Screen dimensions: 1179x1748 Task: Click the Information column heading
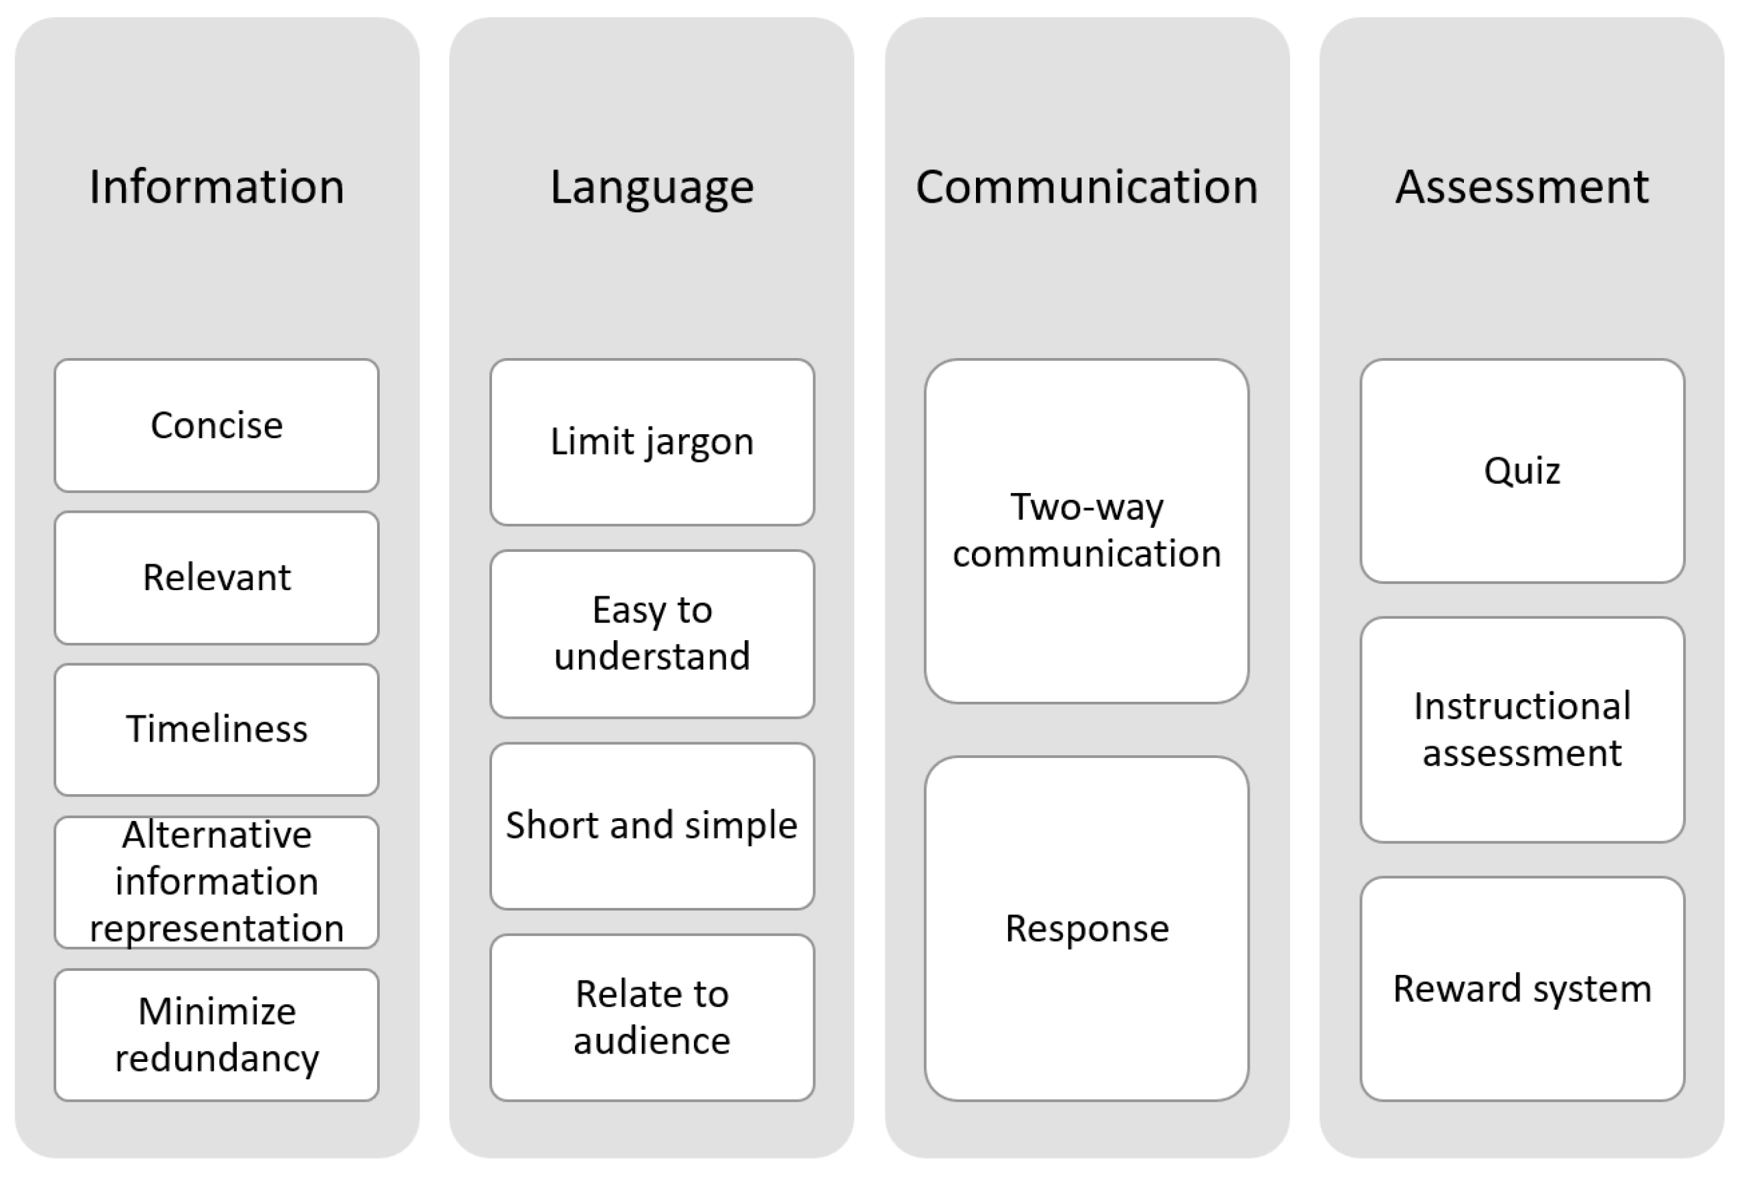[216, 186]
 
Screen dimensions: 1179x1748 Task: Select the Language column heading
[652, 186]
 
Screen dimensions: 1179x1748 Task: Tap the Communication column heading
[1087, 186]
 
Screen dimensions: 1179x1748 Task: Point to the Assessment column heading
[1521, 186]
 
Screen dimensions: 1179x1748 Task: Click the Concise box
[216, 426]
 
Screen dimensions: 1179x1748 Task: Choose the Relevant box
[216, 577]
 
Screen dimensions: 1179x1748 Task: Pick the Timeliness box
[216, 729]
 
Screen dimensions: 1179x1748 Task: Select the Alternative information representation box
[216, 881]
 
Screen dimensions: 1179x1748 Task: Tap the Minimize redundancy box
[216, 1035]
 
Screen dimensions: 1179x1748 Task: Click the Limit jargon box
[652, 442]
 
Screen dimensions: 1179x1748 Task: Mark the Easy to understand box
[652, 633]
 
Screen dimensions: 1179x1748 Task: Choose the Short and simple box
[652, 826]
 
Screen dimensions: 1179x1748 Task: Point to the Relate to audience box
[652, 1017]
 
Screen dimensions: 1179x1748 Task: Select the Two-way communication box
[1087, 531]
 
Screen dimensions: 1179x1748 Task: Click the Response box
[1087, 928]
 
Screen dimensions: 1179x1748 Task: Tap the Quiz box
[1521, 470]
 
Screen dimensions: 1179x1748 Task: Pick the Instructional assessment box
[1521, 729]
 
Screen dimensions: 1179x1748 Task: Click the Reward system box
[1521, 988]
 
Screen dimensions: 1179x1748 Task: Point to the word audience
[652, 1041]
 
